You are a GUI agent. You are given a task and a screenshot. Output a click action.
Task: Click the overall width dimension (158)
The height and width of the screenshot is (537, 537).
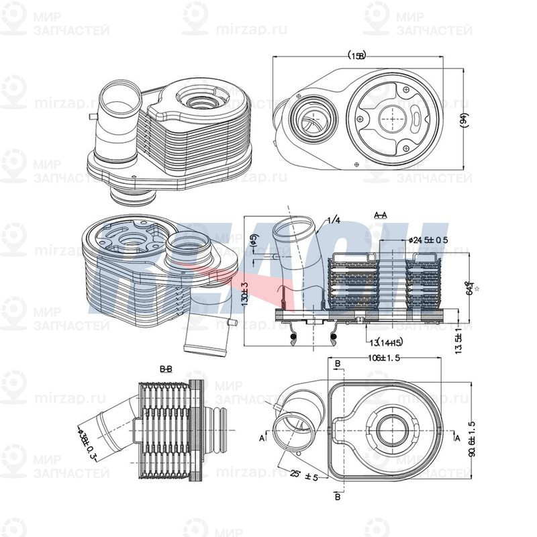click(357, 56)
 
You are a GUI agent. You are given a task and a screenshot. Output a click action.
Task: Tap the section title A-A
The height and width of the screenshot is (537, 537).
click(380, 215)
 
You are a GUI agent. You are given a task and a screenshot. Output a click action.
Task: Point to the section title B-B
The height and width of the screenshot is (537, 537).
click(166, 370)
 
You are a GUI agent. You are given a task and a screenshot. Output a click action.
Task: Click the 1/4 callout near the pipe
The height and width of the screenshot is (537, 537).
click(333, 220)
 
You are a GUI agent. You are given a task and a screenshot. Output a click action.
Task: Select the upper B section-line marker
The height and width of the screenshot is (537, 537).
click(338, 363)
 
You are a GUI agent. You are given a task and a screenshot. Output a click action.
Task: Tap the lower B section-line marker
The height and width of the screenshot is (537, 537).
click(338, 498)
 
